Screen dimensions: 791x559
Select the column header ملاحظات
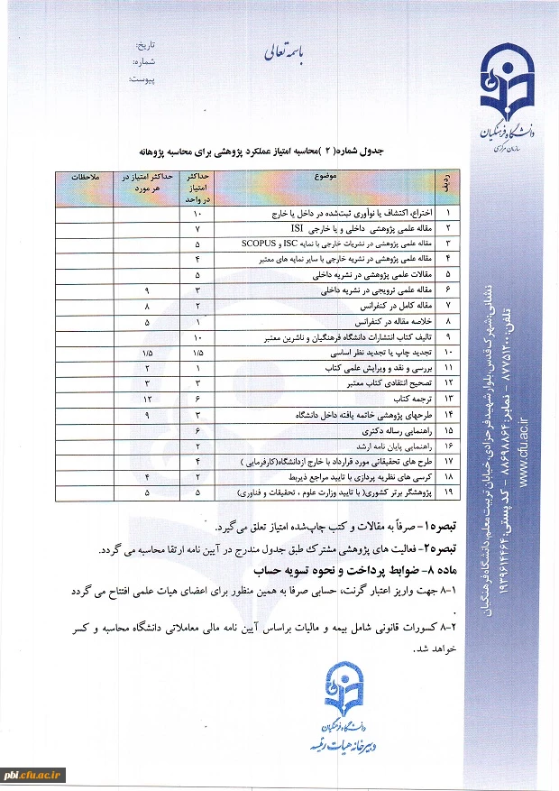coord(90,176)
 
